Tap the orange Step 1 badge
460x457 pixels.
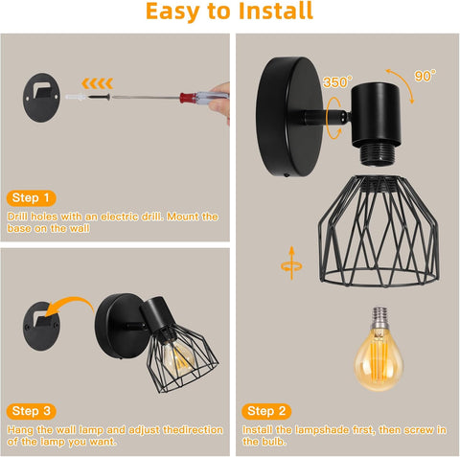click(x=32, y=197)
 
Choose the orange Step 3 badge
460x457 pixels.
click(x=32, y=411)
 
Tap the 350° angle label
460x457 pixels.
click(x=335, y=82)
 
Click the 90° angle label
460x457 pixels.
click(x=425, y=74)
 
